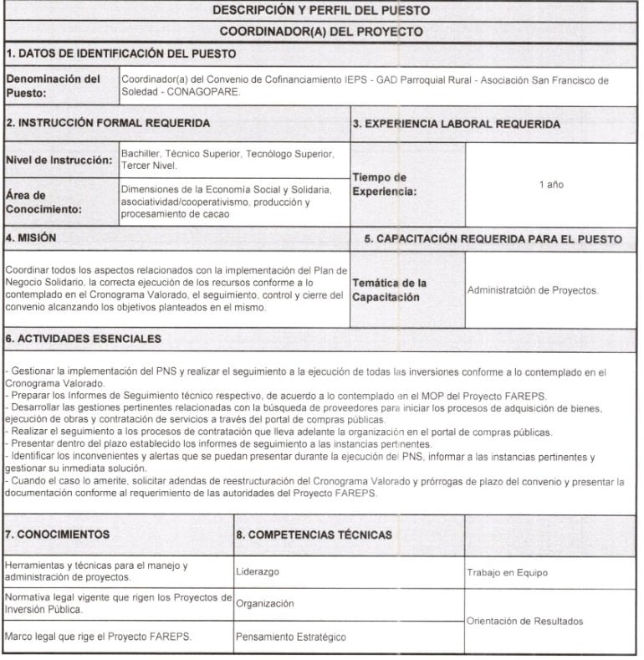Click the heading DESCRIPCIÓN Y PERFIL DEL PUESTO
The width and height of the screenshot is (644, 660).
click(321, 11)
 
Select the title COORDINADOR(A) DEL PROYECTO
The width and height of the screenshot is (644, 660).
click(321, 32)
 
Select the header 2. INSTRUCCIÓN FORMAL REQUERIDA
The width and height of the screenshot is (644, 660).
click(108, 123)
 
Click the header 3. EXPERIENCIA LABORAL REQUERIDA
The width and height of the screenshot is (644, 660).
click(456, 124)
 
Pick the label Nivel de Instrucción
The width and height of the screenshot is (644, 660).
click(59, 160)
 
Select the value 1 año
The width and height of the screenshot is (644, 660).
click(551, 183)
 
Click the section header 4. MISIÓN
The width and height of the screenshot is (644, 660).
click(31, 238)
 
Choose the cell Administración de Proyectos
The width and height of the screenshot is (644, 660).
click(533, 290)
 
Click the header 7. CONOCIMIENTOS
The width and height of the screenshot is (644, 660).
click(59, 533)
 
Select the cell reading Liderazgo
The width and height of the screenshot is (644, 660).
click(258, 572)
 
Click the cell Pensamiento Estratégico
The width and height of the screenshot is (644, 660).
click(291, 637)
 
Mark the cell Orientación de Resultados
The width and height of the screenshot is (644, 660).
click(525, 622)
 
